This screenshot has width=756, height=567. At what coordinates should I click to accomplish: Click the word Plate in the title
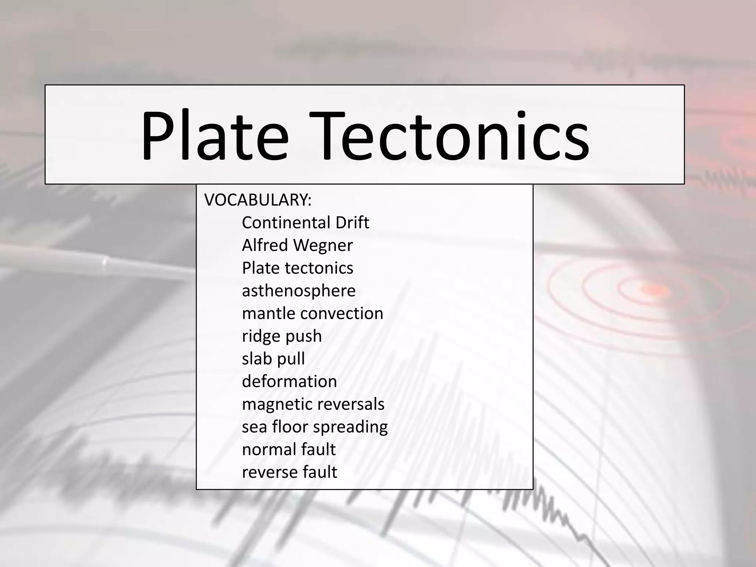(214, 135)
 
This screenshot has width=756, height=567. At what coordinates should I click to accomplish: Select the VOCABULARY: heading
(258, 200)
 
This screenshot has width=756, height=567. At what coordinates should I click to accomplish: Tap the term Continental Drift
(305, 223)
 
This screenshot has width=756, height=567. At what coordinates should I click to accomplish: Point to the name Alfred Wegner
(297, 245)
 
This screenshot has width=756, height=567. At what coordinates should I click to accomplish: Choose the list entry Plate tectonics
(298, 268)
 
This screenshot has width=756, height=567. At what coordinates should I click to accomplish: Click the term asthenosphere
(299, 291)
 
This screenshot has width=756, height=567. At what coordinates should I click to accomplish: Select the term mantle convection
(312, 313)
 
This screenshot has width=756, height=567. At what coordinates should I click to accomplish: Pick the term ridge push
(282, 336)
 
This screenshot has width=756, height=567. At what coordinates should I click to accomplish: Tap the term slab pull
(273, 359)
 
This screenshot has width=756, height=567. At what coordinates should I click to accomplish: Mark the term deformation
(289, 381)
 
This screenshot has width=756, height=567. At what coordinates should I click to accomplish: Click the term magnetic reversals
(313, 404)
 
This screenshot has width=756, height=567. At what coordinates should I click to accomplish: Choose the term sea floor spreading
(315, 427)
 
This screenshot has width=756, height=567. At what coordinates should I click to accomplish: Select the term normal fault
(289, 450)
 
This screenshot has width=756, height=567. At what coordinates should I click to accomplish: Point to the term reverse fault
(289, 472)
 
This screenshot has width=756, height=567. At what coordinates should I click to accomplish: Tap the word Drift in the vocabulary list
(352, 223)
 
